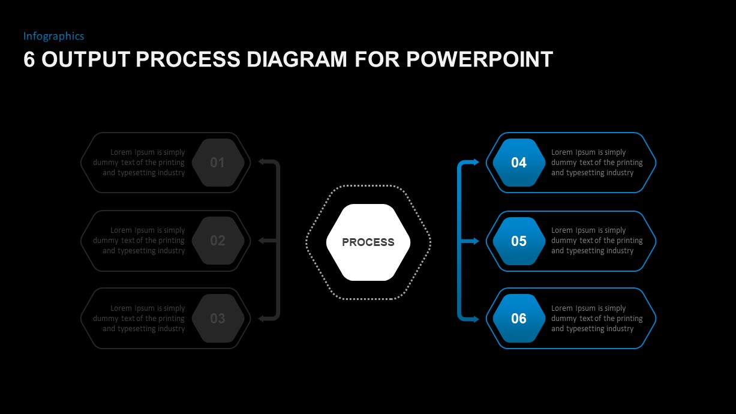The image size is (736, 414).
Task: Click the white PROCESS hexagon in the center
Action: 368,242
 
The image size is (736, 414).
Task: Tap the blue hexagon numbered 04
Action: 519,163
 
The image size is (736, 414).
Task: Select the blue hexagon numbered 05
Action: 519,241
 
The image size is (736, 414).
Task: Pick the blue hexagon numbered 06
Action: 519,319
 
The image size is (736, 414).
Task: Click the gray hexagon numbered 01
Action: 218,163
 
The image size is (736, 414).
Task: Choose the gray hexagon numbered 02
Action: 218,241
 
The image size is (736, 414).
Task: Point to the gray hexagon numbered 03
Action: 218,319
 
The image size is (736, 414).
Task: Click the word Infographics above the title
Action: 53,36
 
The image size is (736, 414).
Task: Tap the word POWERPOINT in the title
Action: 479,59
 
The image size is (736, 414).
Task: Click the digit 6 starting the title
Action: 29,59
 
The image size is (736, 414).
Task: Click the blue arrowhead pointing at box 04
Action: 476,162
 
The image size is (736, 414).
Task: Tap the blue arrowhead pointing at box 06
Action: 476,319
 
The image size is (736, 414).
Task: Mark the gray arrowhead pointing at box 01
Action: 262,161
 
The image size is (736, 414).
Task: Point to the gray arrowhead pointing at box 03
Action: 262,319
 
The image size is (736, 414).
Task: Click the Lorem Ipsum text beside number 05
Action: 597,241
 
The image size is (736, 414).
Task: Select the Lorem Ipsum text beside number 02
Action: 139,241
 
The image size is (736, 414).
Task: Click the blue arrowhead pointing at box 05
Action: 476,241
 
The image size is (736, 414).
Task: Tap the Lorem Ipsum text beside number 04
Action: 597,163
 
